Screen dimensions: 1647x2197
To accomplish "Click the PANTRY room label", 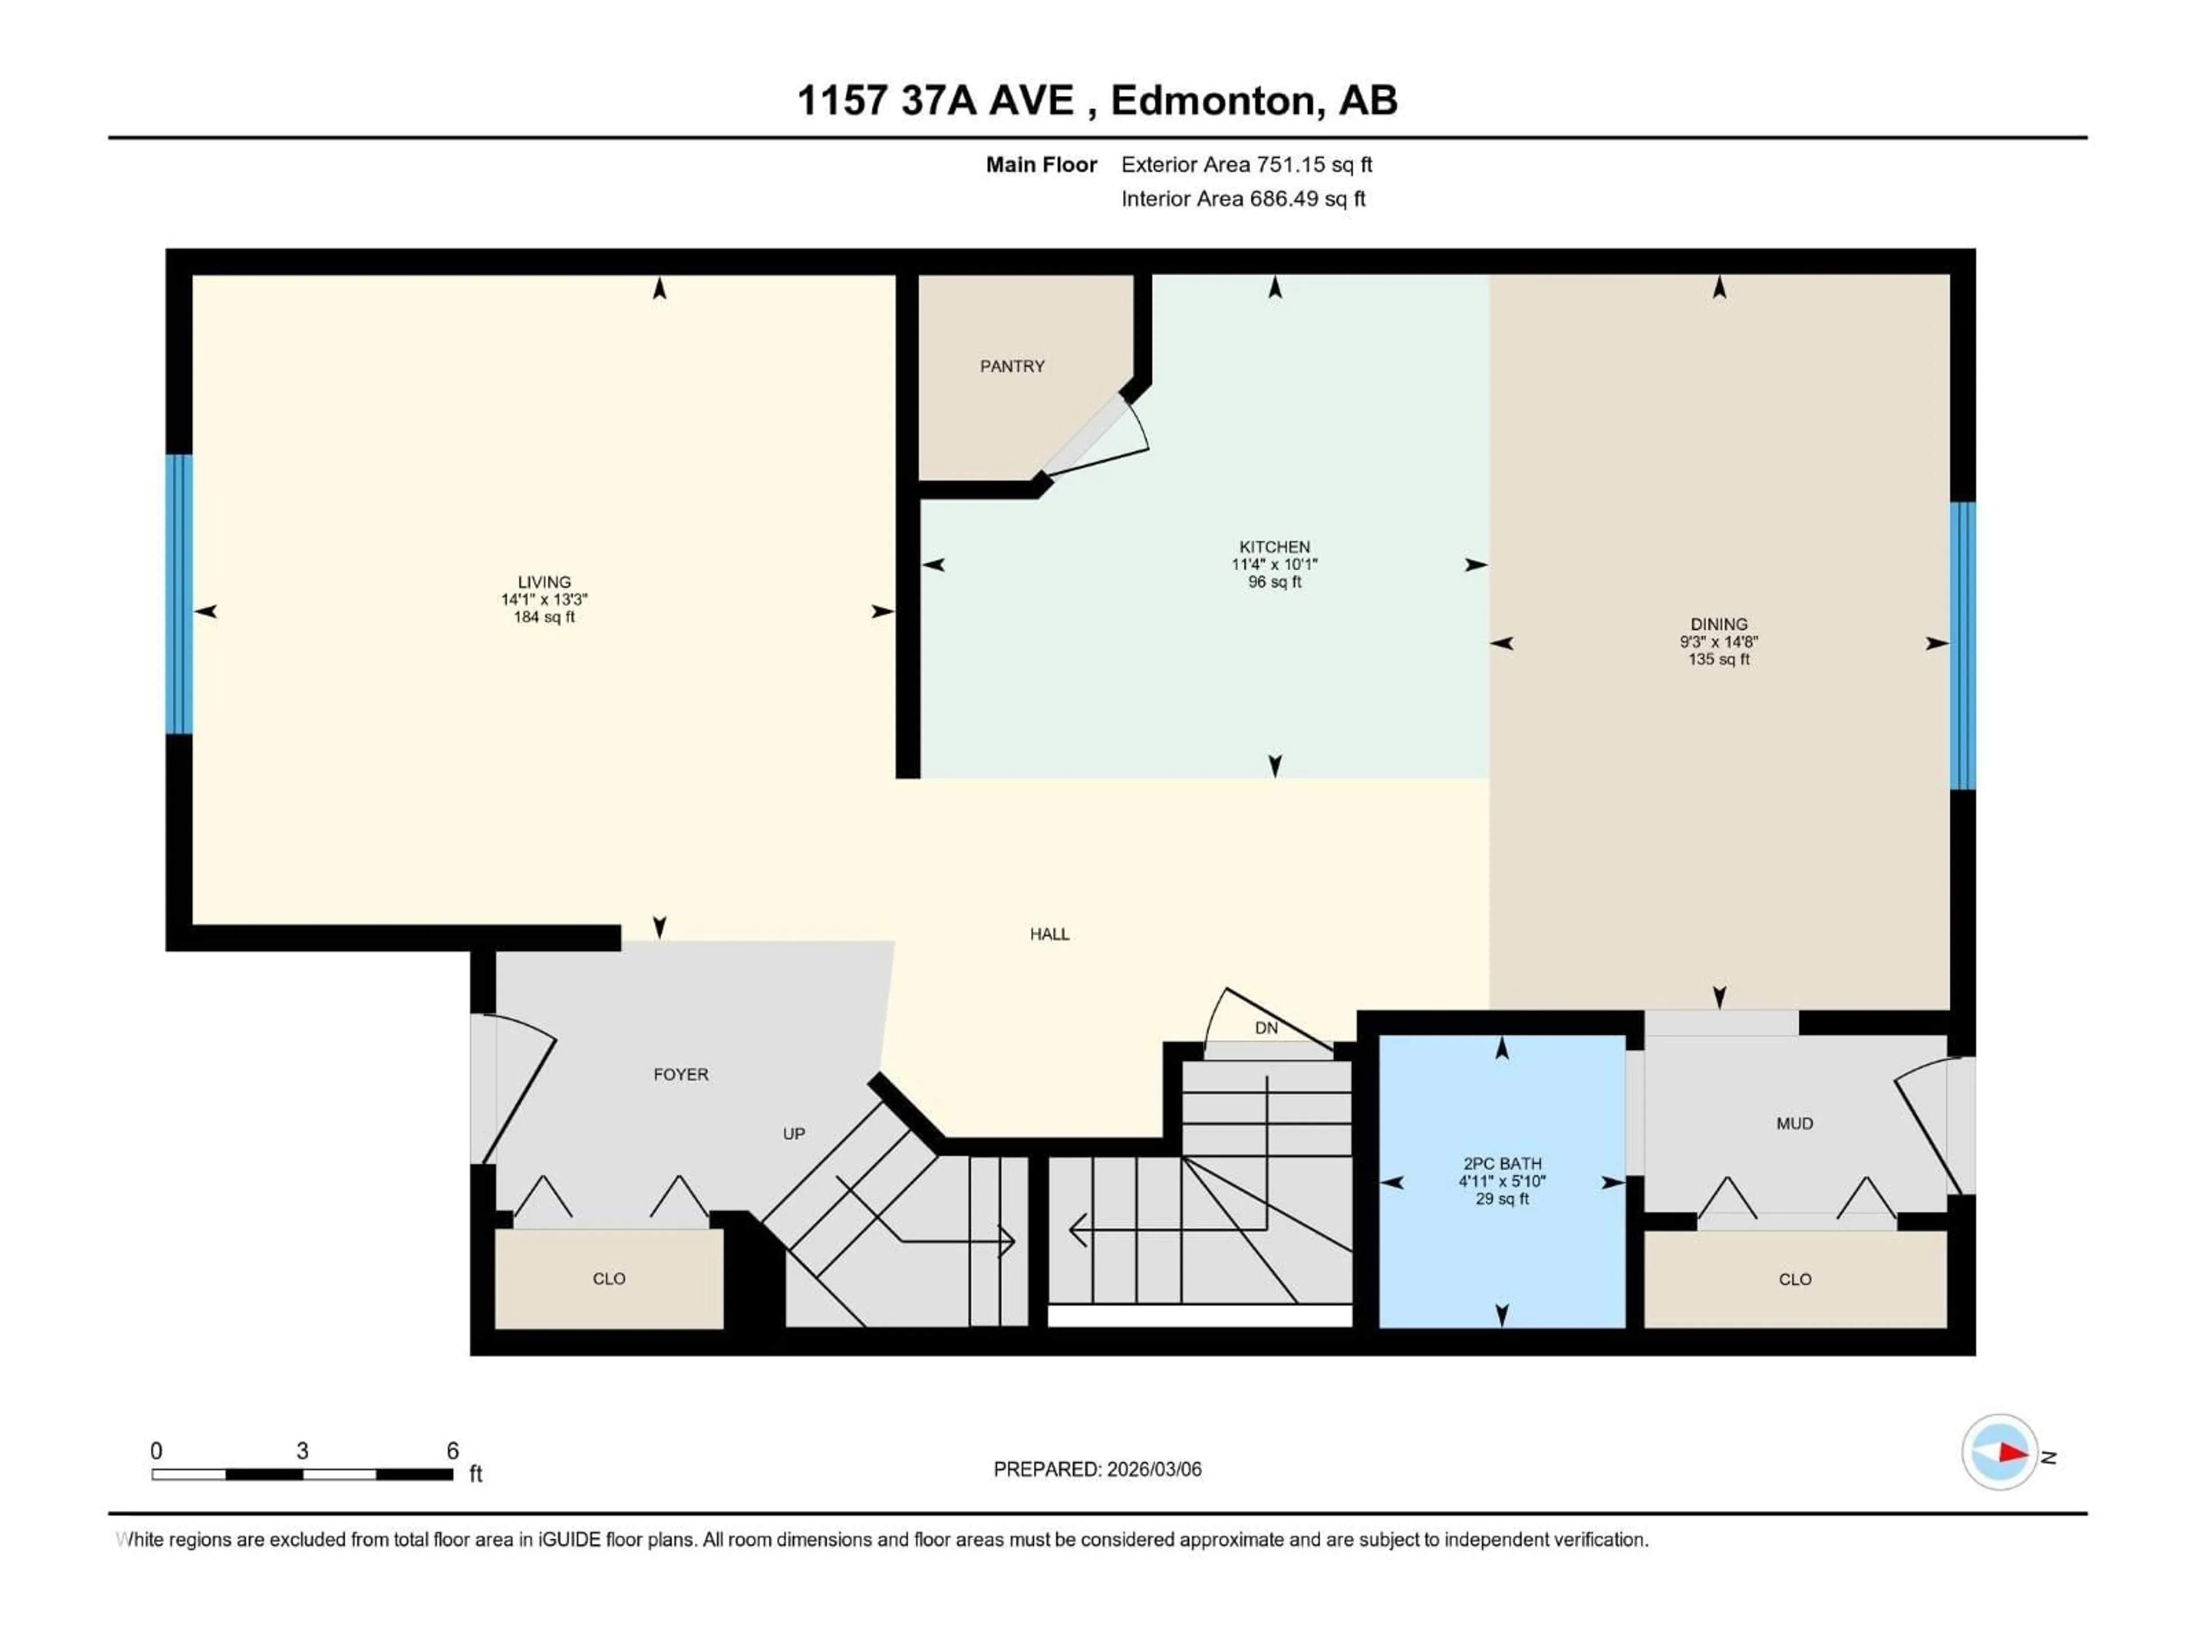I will [x=1012, y=367].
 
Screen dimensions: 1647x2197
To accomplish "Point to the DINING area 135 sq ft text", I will [x=1718, y=659].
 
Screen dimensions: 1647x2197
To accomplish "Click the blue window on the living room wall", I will [x=179, y=594].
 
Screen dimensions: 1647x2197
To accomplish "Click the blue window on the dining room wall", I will [x=1962, y=645].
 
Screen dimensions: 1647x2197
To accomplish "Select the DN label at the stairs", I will [x=1266, y=1028].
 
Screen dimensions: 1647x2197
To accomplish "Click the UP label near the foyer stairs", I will [x=794, y=1133].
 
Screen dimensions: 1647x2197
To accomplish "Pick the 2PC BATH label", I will [x=1502, y=1164].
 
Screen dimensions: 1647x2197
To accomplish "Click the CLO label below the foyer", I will [x=609, y=1279].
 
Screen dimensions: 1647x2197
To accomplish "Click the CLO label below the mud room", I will [x=1795, y=1280].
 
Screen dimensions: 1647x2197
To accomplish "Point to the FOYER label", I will [x=681, y=1074].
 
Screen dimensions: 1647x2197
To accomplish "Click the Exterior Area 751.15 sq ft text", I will [x=1247, y=165].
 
